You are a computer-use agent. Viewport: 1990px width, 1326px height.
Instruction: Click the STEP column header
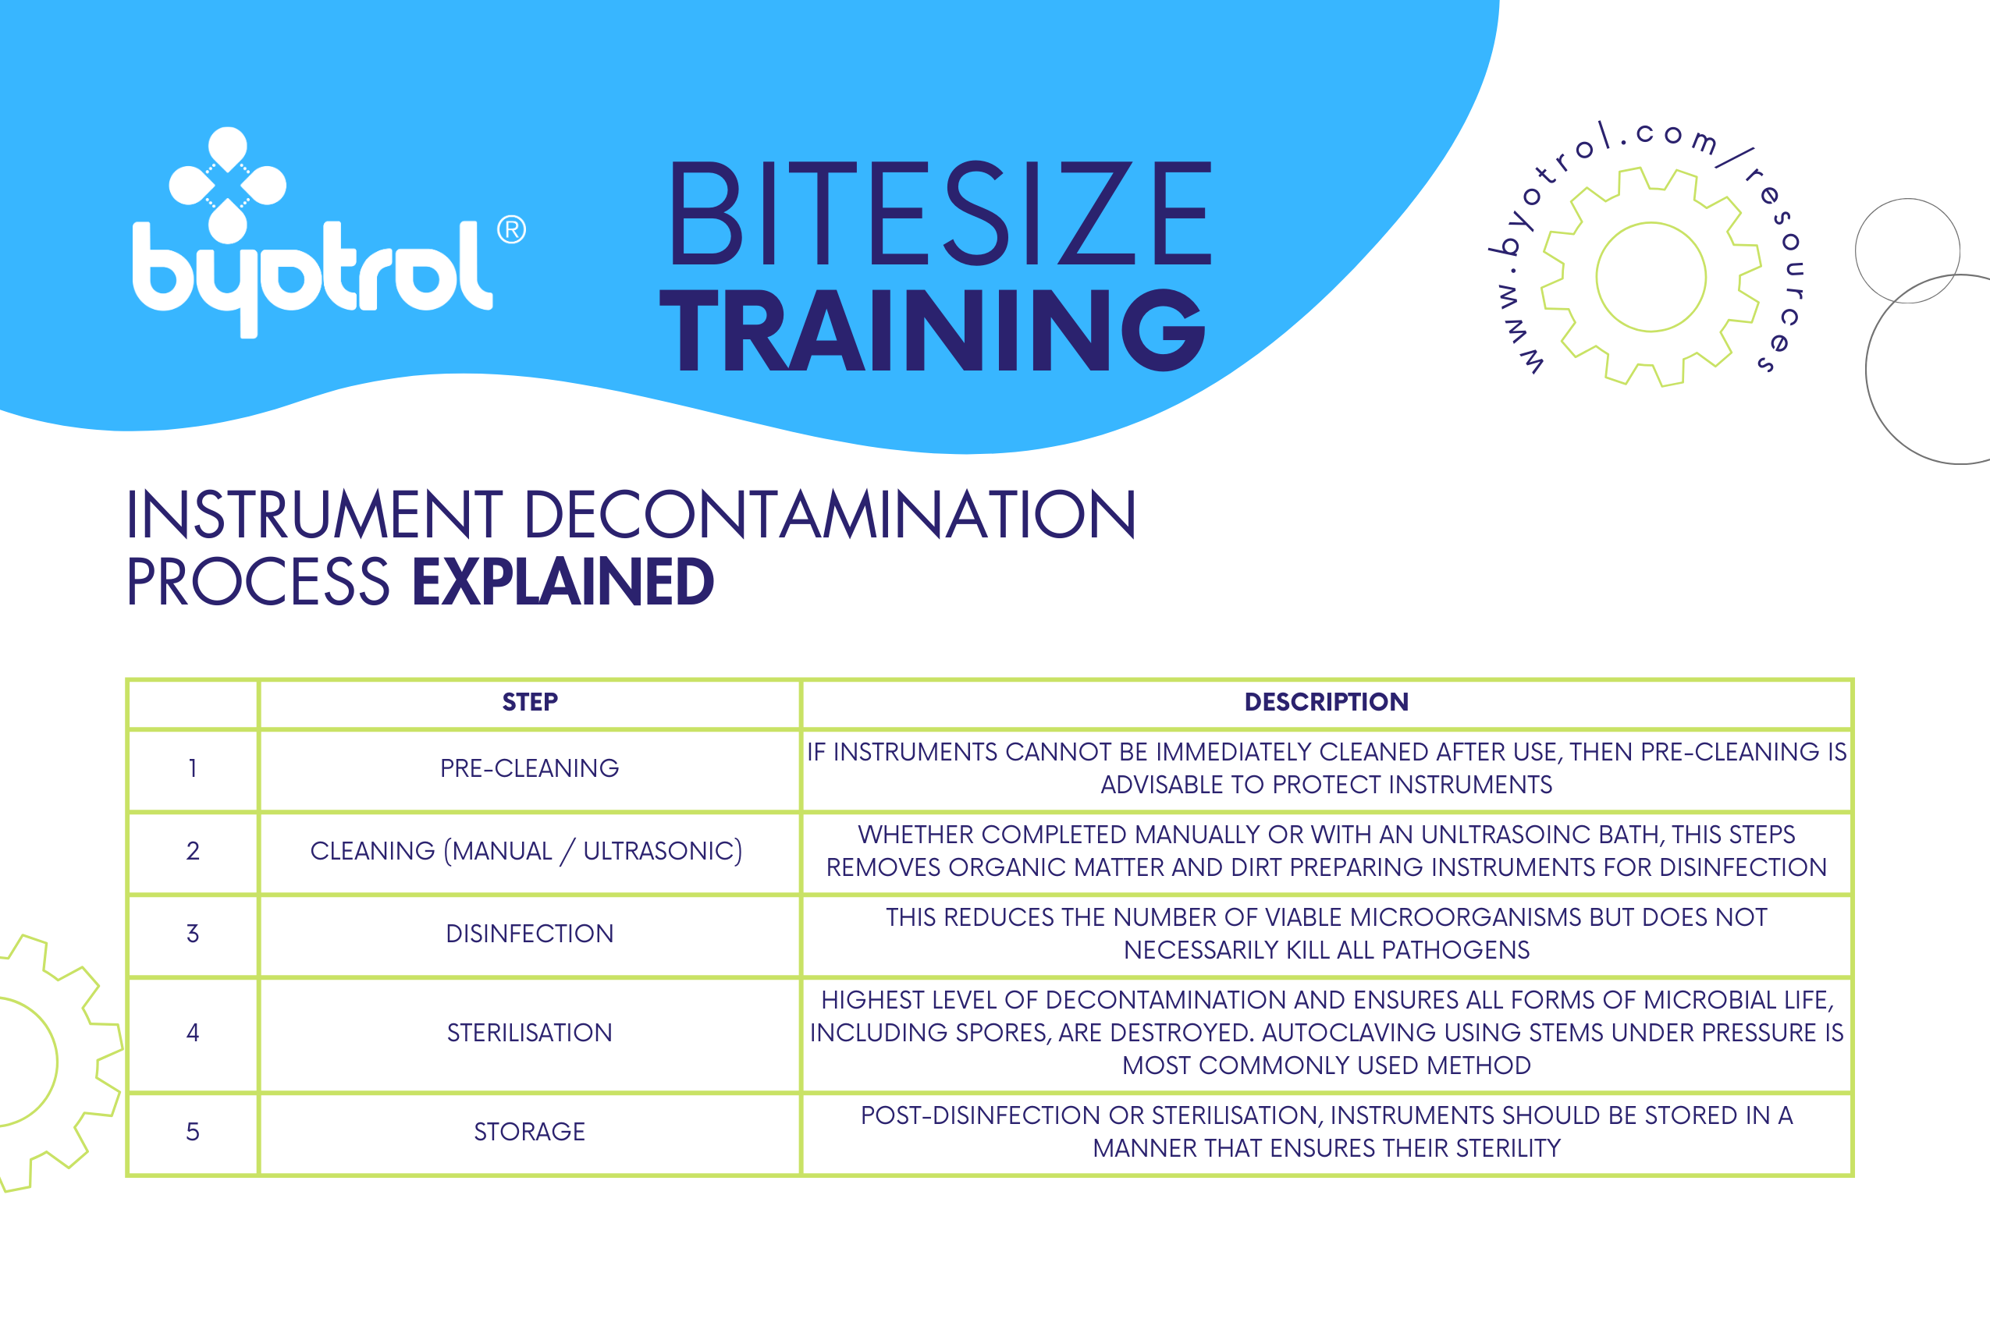(530, 702)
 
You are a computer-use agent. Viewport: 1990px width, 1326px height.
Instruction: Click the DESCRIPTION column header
(1326, 702)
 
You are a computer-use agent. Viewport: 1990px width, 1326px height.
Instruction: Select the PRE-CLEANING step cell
(530, 768)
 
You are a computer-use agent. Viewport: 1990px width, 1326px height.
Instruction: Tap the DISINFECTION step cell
(530, 934)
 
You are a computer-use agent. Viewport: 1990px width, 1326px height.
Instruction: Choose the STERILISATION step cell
(530, 1033)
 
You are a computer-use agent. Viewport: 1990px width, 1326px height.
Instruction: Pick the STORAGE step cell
(530, 1132)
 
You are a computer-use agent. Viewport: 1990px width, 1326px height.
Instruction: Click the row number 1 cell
(193, 768)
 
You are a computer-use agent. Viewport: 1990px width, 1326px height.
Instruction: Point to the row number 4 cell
(193, 1033)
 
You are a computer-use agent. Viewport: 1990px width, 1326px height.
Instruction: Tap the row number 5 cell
(193, 1132)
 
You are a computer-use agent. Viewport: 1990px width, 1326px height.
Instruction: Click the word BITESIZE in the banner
(939, 213)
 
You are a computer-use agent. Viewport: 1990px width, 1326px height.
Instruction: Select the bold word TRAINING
(931, 330)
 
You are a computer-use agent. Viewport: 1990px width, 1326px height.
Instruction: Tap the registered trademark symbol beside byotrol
(511, 229)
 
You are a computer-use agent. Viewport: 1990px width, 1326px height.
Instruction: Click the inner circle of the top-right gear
(1651, 278)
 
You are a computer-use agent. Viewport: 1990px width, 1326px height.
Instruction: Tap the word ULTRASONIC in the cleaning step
(663, 851)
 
